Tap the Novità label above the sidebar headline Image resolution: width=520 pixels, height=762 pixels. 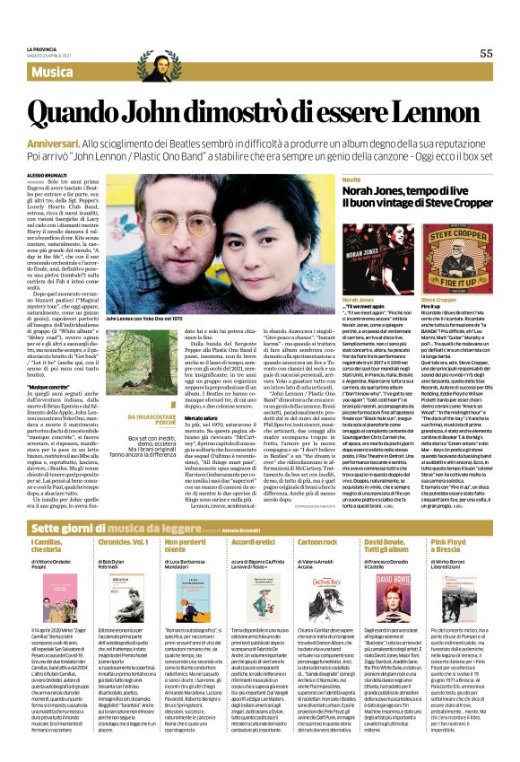pos(351,180)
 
